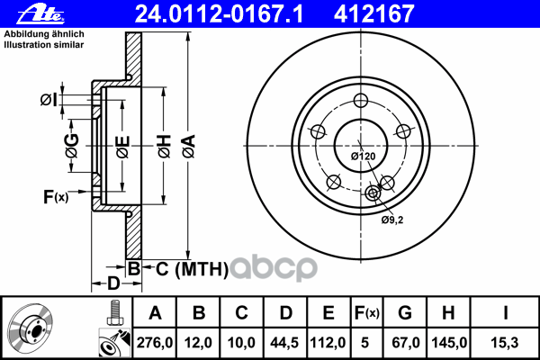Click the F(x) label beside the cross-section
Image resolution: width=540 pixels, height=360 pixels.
55,196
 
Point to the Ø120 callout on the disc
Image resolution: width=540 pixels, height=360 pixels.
363,157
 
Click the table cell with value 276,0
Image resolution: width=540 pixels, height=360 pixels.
155,342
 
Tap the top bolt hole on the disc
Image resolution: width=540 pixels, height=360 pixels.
361,101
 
